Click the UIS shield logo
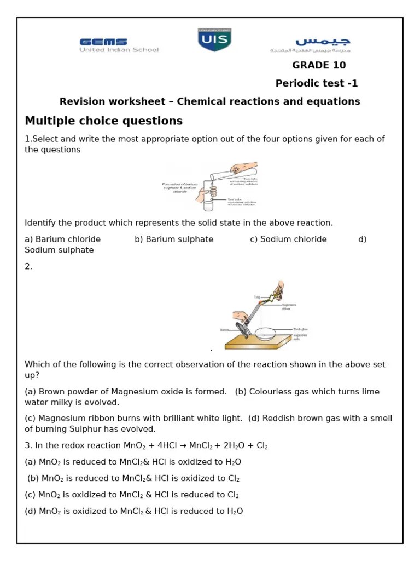pyautogui.click(x=214, y=41)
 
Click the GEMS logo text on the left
pyautogui.click(x=103, y=42)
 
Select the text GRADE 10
pyautogui.click(x=319, y=65)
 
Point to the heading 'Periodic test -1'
pyautogui.click(x=317, y=83)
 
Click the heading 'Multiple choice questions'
pyautogui.click(x=104, y=121)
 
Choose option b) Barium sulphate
pyautogui.click(x=174, y=239)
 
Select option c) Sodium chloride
pyautogui.click(x=288, y=239)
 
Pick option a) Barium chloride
pyautogui.click(x=63, y=239)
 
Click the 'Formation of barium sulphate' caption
pyautogui.click(x=180, y=188)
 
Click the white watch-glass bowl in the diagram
pyautogui.click(x=265, y=333)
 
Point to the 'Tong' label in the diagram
pyautogui.click(x=257, y=297)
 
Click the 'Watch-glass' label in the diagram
pyautogui.click(x=300, y=329)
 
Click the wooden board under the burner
pyautogui.click(x=257, y=343)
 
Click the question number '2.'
pyautogui.click(x=28, y=266)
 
